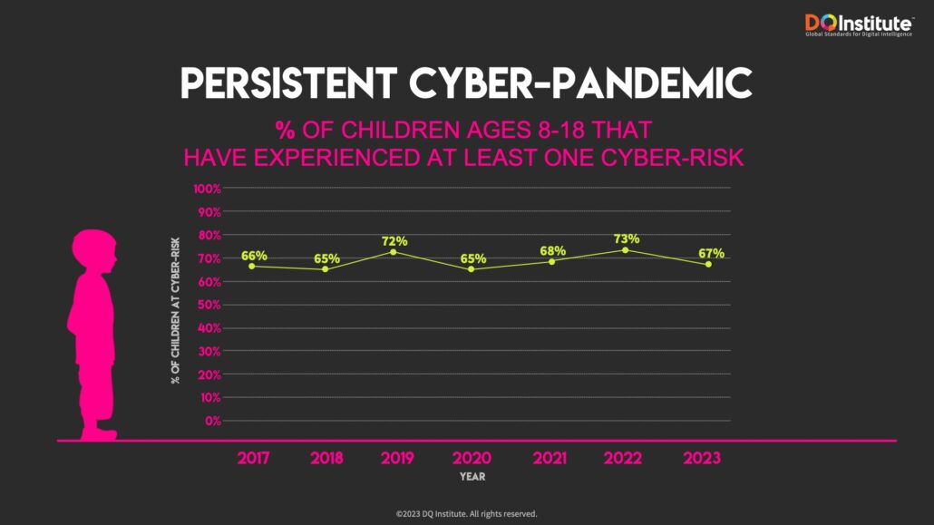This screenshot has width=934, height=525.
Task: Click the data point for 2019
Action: pos(394,251)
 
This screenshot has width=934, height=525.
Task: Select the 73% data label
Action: pos(627,238)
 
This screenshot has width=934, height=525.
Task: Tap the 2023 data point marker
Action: pos(708,264)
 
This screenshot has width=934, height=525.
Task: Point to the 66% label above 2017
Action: pos(254,256)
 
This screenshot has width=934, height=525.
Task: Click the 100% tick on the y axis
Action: pos(208,189)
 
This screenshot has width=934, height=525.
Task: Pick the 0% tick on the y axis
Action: pos(213,421)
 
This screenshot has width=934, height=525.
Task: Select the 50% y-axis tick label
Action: pos(210,305)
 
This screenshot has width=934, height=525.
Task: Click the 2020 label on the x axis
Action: pos(472,458)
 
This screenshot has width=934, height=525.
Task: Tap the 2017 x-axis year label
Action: pos(254,458)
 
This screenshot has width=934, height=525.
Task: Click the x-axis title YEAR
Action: pos(472,477)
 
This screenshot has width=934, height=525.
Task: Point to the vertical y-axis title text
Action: pos(176,309)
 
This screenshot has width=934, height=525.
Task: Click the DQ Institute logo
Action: pos(858,25)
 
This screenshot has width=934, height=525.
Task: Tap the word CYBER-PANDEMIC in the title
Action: pos(580,84)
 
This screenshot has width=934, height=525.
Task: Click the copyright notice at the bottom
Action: pos(466,513)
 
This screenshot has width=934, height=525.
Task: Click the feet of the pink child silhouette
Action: pos(98,433)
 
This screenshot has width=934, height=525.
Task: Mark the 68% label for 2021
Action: pos(552,250)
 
